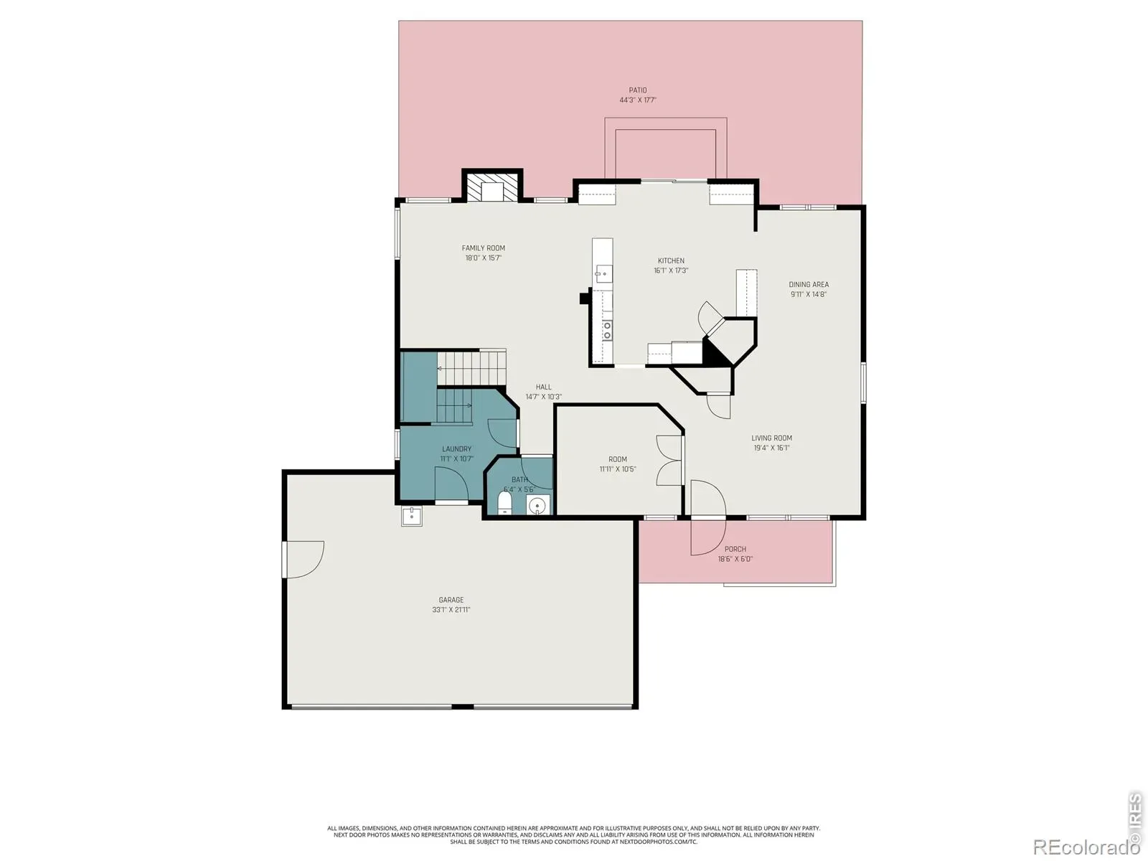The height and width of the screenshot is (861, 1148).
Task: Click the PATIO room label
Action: coord(638,90)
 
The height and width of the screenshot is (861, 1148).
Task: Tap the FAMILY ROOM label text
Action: coord(484,248)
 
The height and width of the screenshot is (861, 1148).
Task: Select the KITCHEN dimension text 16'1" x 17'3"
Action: coord(671,270)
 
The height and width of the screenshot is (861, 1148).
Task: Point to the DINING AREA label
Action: coord(809,285)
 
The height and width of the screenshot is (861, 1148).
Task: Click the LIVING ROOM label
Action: coord(771,438)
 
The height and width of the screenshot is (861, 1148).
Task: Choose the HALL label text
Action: coord(543,387)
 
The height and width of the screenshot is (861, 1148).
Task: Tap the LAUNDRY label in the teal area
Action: coord(456,449)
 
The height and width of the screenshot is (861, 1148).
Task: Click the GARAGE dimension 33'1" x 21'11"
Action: coord(451,610)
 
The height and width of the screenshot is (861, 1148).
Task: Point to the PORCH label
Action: coord(735,550)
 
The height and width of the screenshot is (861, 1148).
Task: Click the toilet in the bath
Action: coord(504,503)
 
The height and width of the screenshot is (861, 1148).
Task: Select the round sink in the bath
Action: coord(537,506)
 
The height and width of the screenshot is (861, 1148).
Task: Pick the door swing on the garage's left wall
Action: coord(304,560)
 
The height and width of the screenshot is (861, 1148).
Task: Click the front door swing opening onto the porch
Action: coord(708,518)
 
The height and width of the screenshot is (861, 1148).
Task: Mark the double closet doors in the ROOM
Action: coord(669,461)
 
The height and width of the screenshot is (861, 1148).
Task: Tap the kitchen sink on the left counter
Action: coord(603,273)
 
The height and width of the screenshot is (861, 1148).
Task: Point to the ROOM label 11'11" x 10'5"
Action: coord(618,464)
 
